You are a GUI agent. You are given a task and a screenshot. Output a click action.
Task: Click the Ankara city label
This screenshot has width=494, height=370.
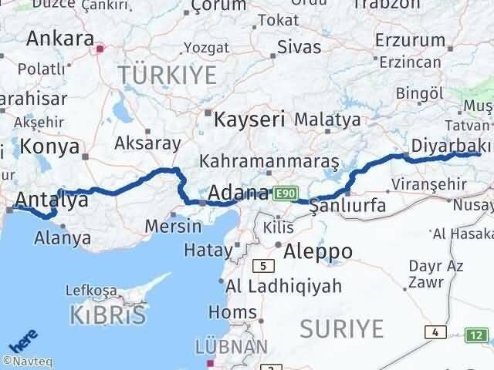pyautogui.click(x=60, y=38)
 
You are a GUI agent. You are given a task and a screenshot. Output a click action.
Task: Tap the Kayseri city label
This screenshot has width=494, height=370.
pyautogui.click(x=249, y=119)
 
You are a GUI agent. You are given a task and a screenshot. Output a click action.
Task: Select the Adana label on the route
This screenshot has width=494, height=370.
pyautogui.click(x=239, y=192)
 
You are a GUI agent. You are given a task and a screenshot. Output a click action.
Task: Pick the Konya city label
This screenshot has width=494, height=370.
pyautogui.click(x=49, y=146)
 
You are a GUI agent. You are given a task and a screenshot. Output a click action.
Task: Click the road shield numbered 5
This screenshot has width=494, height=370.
pyautogui.click(x=265, y=266)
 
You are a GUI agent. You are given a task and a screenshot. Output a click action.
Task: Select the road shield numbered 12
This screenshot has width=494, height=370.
pyautogui.click(x=478, y=335)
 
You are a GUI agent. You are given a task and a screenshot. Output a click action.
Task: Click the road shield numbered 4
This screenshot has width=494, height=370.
pyautogui.click(x=437, y=331)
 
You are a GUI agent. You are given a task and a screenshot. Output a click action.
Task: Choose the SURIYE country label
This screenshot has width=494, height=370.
pyautogui.click(x=341, y=329)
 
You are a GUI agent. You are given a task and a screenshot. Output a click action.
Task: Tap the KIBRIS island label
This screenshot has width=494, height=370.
pyautogui.click(x=108, y=314)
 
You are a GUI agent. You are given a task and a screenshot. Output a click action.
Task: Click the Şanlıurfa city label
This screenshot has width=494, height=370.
pyautogui.click(x=348, y=206)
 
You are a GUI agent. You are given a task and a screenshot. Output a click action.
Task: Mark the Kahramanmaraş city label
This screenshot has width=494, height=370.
pyautogui.click(x=269, y=162)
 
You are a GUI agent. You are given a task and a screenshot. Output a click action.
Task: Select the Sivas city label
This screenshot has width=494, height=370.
pyautogui.click(x=299, y=45)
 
